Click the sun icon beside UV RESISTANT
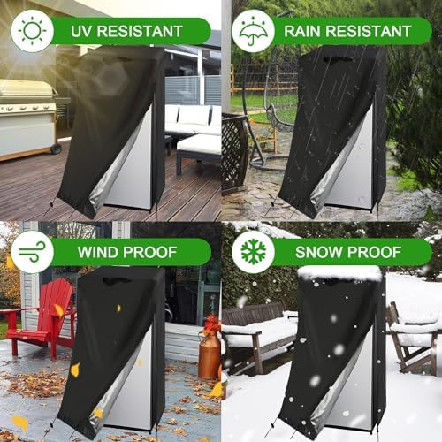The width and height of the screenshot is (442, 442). click(31, 31)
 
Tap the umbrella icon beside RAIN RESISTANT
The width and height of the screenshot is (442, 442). click(252, 31)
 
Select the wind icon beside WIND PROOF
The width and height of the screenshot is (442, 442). click(31, 252)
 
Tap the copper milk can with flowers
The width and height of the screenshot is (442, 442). click(210, 349)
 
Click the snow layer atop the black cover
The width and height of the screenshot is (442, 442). click(339, 273)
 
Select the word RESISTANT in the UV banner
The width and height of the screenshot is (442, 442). click(141, 32)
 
